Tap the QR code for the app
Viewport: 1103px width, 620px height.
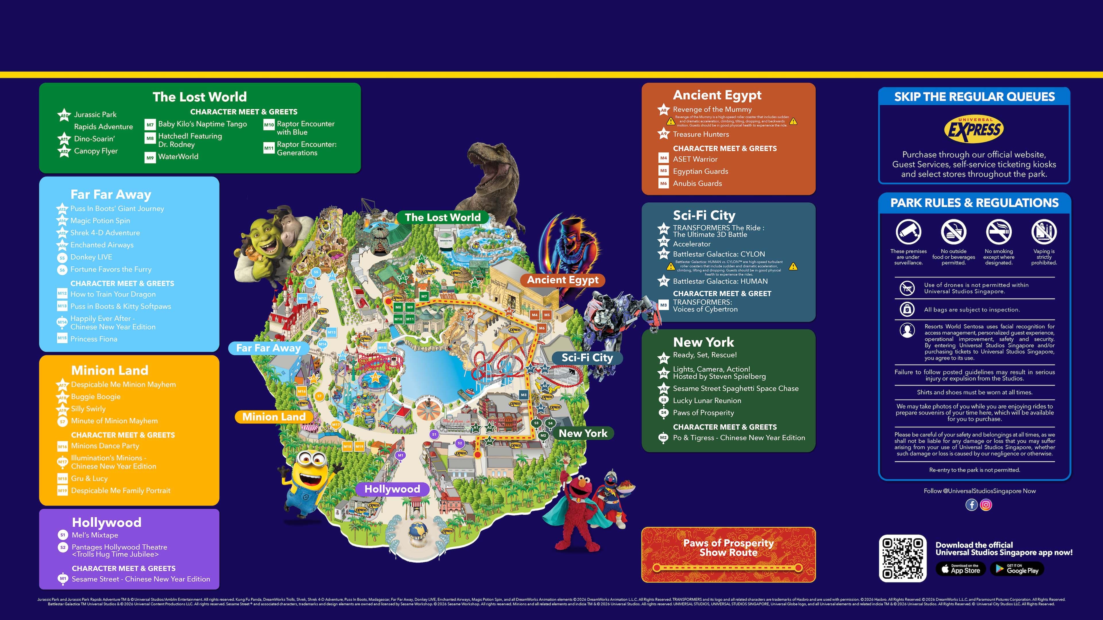click(x=903, y=558)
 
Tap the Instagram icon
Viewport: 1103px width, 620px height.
click(x=986, y=505)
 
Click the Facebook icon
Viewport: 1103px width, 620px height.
click(x=971, y=505)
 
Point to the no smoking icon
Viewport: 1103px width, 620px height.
click(x=998, y=232)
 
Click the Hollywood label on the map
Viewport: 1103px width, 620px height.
click(x=392, y=489)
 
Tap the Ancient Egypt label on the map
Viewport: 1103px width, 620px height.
click(x=562, y=280)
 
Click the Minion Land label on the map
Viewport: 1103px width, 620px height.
click(x=274, y=417)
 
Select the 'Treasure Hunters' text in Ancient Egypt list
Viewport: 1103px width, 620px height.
click(x=701, y=134)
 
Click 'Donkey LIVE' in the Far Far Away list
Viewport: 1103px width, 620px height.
click(x=91, y=257)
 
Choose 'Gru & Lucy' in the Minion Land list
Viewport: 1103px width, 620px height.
click(x=89, y=478)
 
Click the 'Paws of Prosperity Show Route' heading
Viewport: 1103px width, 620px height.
click(x=728, y=548)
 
